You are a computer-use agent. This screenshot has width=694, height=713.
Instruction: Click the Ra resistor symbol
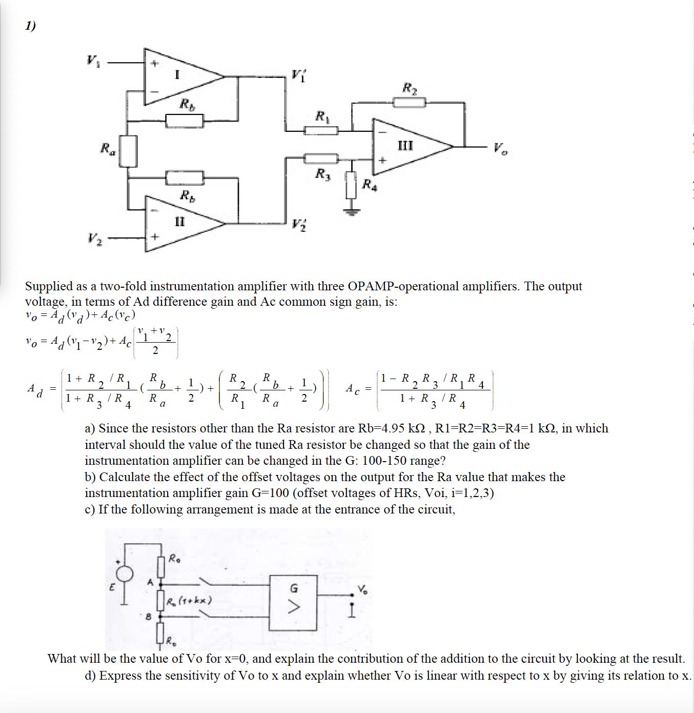point(129,151)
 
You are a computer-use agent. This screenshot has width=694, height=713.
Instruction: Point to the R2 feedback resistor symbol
point(410,103)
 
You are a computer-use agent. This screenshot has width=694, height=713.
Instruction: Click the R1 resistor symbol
point(321,130)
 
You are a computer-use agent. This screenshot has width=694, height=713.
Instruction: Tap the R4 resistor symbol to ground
point(351,185)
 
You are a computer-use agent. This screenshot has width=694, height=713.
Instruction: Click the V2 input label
point(94,239)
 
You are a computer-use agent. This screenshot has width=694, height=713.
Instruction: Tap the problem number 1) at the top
point(30,26)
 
